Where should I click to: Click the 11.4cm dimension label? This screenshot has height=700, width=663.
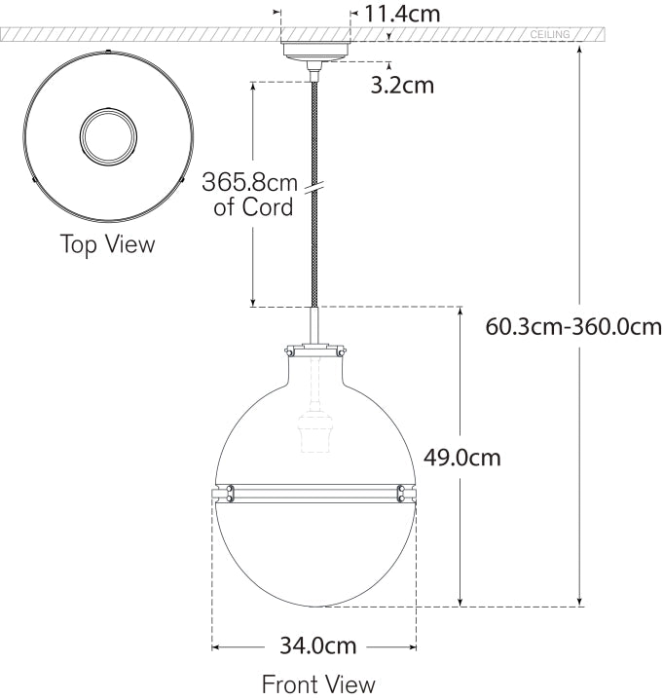tap(402, 14)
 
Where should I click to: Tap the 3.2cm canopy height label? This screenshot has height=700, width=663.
tap(402, 85)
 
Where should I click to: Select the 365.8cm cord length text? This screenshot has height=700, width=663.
tap(248, 182)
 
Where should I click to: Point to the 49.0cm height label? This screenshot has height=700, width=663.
tap(461, 456)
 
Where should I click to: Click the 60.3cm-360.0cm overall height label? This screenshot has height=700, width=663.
tap(573, 326)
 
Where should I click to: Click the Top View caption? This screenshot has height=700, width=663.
tap(107, 243)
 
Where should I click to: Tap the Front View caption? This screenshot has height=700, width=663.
tap(317, 684)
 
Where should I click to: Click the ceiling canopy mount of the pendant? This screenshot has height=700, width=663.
tap(314, 51)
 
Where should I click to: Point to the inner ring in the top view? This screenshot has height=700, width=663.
tap(107, 134)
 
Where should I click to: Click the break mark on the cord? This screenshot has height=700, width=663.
tap(314, 188)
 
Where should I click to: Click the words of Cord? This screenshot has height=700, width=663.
tap(253, 207)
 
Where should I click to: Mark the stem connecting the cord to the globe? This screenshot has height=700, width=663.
tap(314, 323)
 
